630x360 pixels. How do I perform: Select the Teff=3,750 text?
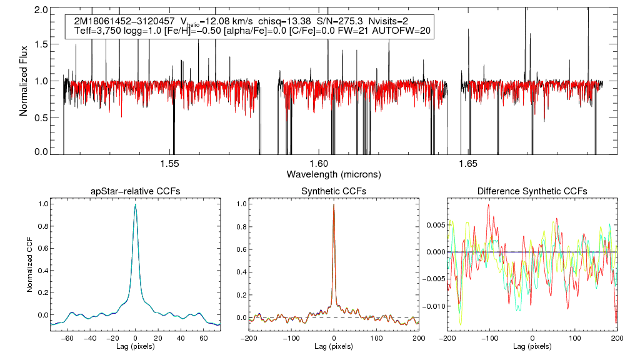pos(94,30)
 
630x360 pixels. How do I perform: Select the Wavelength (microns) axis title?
pos(333,173)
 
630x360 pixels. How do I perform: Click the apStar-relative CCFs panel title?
pos(136,191)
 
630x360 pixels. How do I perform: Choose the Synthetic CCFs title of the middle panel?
pos(334,191)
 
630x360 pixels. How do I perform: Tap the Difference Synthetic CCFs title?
pos(532,191)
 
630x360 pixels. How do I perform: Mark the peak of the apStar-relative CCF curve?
pos(136,205)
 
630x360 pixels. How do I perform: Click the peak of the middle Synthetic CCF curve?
pos(334,204)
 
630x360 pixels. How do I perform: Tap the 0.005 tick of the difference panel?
pos(434,224)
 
